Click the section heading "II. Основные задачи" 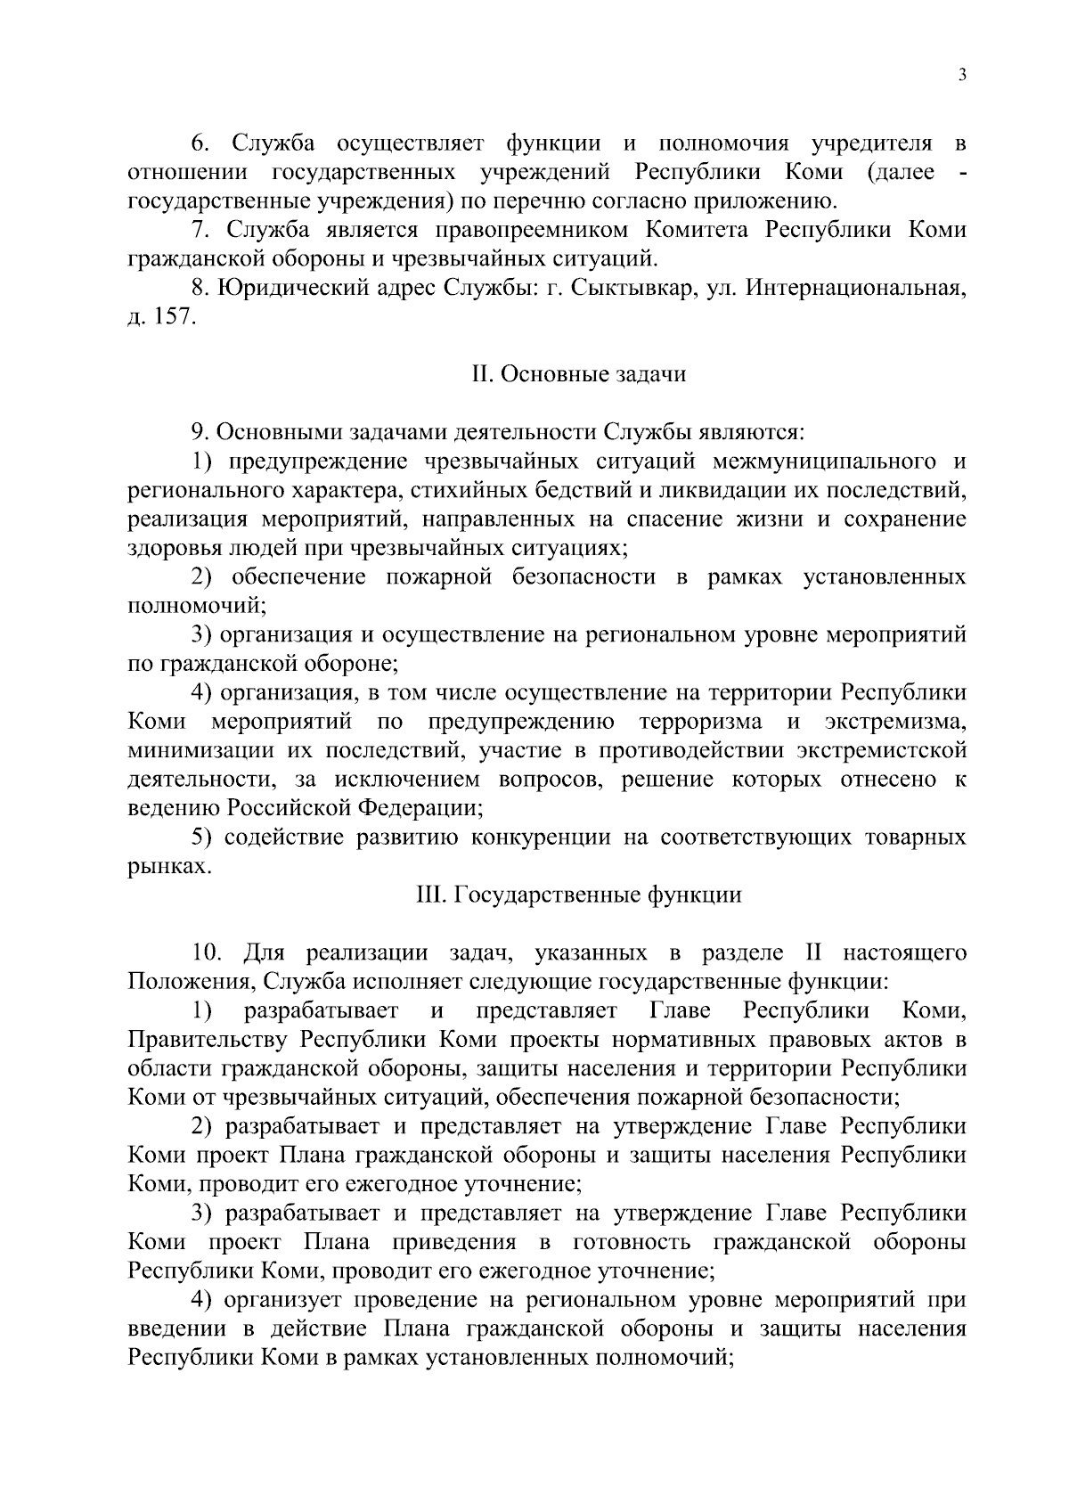[x=579, y=374]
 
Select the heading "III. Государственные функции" [x=579, y=895]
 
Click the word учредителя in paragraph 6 [x=872, y=143]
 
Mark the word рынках [x=168, y=866]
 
